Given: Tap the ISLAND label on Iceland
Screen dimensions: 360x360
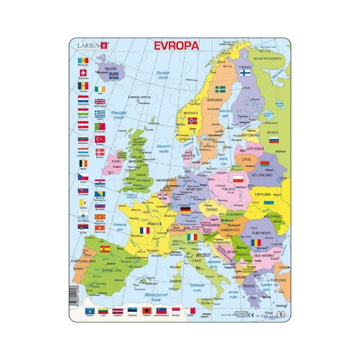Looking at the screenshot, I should tap(113, 67).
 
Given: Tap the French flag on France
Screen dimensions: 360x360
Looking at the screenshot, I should tap(143, 231).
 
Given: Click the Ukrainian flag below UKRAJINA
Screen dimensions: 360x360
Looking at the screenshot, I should tap(268, 204).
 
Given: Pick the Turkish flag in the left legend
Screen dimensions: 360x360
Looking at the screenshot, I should tap(100, 139).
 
